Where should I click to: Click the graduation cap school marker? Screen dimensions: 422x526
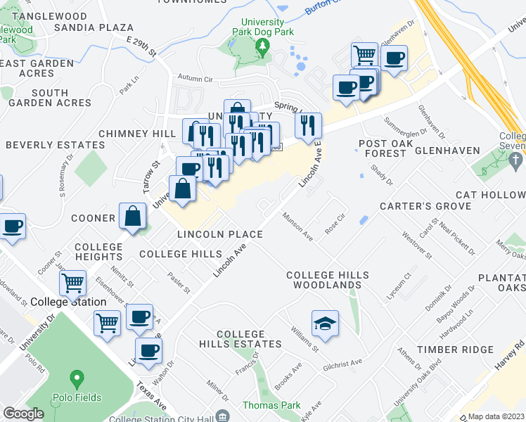[x=325, y=323]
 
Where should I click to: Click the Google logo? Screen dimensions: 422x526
[x=23, y=414]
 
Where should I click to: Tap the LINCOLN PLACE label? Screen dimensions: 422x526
[x=220, y=234]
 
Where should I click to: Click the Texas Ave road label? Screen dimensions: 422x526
[x=152, y=397]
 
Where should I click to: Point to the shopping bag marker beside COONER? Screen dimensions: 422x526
[x=133, y=217]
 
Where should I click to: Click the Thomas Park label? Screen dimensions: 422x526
[x=271, y=405]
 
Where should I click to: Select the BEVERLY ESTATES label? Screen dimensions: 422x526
[x=56, y=145]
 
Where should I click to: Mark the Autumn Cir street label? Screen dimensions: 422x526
[x=195, y=79]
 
